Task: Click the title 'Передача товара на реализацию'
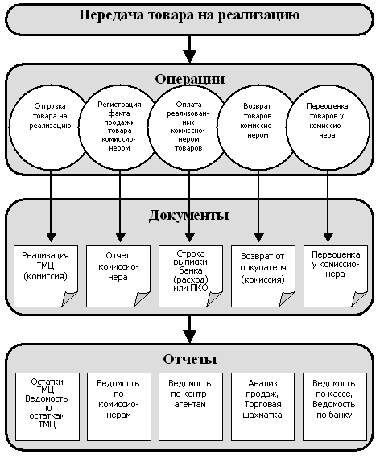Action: (189, 14)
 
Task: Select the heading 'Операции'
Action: (190, 79)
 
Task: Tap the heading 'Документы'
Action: (188, 216)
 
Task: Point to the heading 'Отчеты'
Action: (190, 359)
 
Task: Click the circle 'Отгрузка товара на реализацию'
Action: (50, 128)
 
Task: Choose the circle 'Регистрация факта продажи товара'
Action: (119, 128)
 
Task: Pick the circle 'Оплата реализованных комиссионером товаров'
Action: (188, 128)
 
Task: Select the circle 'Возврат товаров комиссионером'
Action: (258, 128)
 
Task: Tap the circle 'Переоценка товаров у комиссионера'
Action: (328, 128)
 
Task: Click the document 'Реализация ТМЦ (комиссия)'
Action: (46, 276)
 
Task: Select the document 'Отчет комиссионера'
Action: (118, 276)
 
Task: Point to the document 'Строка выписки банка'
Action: (191, 276)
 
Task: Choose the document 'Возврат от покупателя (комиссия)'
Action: (263, 276)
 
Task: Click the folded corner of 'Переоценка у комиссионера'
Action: (359, 299)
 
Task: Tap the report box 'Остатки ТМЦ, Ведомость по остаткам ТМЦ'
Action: (47, 406)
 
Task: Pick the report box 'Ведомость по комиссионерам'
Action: (119, 406)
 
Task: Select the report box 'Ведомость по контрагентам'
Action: (191, 406)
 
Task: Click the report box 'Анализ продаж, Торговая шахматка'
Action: (263, 406)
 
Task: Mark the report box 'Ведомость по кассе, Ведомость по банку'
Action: (335, 406)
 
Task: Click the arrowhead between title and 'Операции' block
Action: (189, 56)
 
